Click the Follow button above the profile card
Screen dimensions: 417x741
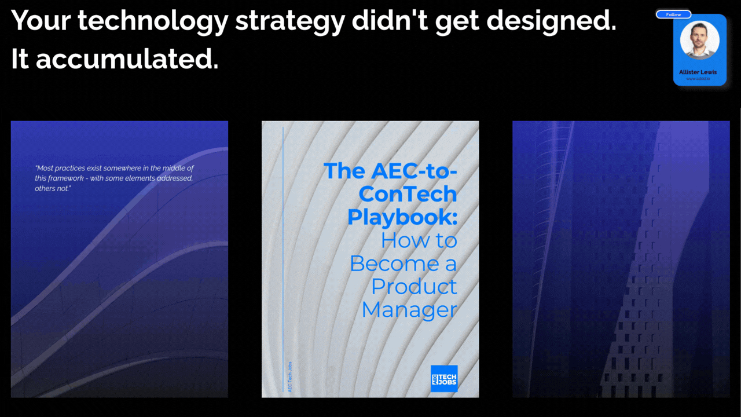pyautogui.click(x=673, y=14)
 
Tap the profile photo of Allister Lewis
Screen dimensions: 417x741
pyautogui.click(x=699, y=41)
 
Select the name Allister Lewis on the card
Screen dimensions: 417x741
pyautogui.click(x=698, y=72)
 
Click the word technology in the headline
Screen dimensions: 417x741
pyautogui.click(x=151, y=21)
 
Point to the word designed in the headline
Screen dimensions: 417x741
pyautogui.click(x=551, y=21)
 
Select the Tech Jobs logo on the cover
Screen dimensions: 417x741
pyautogui.click(x=444, y=378)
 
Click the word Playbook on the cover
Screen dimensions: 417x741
pyautogui.click(x=402, y=217)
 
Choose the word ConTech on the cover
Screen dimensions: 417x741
pyautogui.click(x=408, y=193)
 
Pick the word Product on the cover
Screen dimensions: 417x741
pyautogui.click(x=414, y=286)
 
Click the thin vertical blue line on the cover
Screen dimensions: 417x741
pyautogui.click(x=283, y=243)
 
